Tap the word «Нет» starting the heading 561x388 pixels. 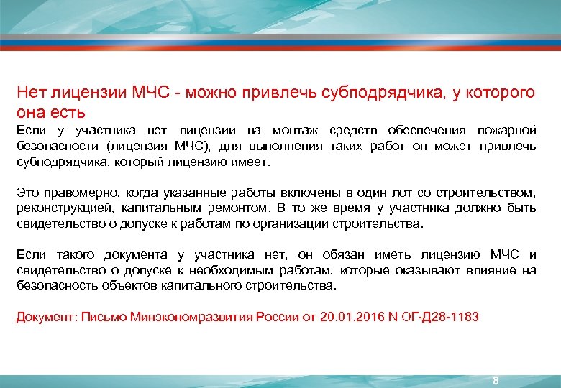coord(31,93)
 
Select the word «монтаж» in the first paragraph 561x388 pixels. coord(296,130)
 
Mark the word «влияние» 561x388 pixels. coord(491,270)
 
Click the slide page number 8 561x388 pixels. coord(496,379)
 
